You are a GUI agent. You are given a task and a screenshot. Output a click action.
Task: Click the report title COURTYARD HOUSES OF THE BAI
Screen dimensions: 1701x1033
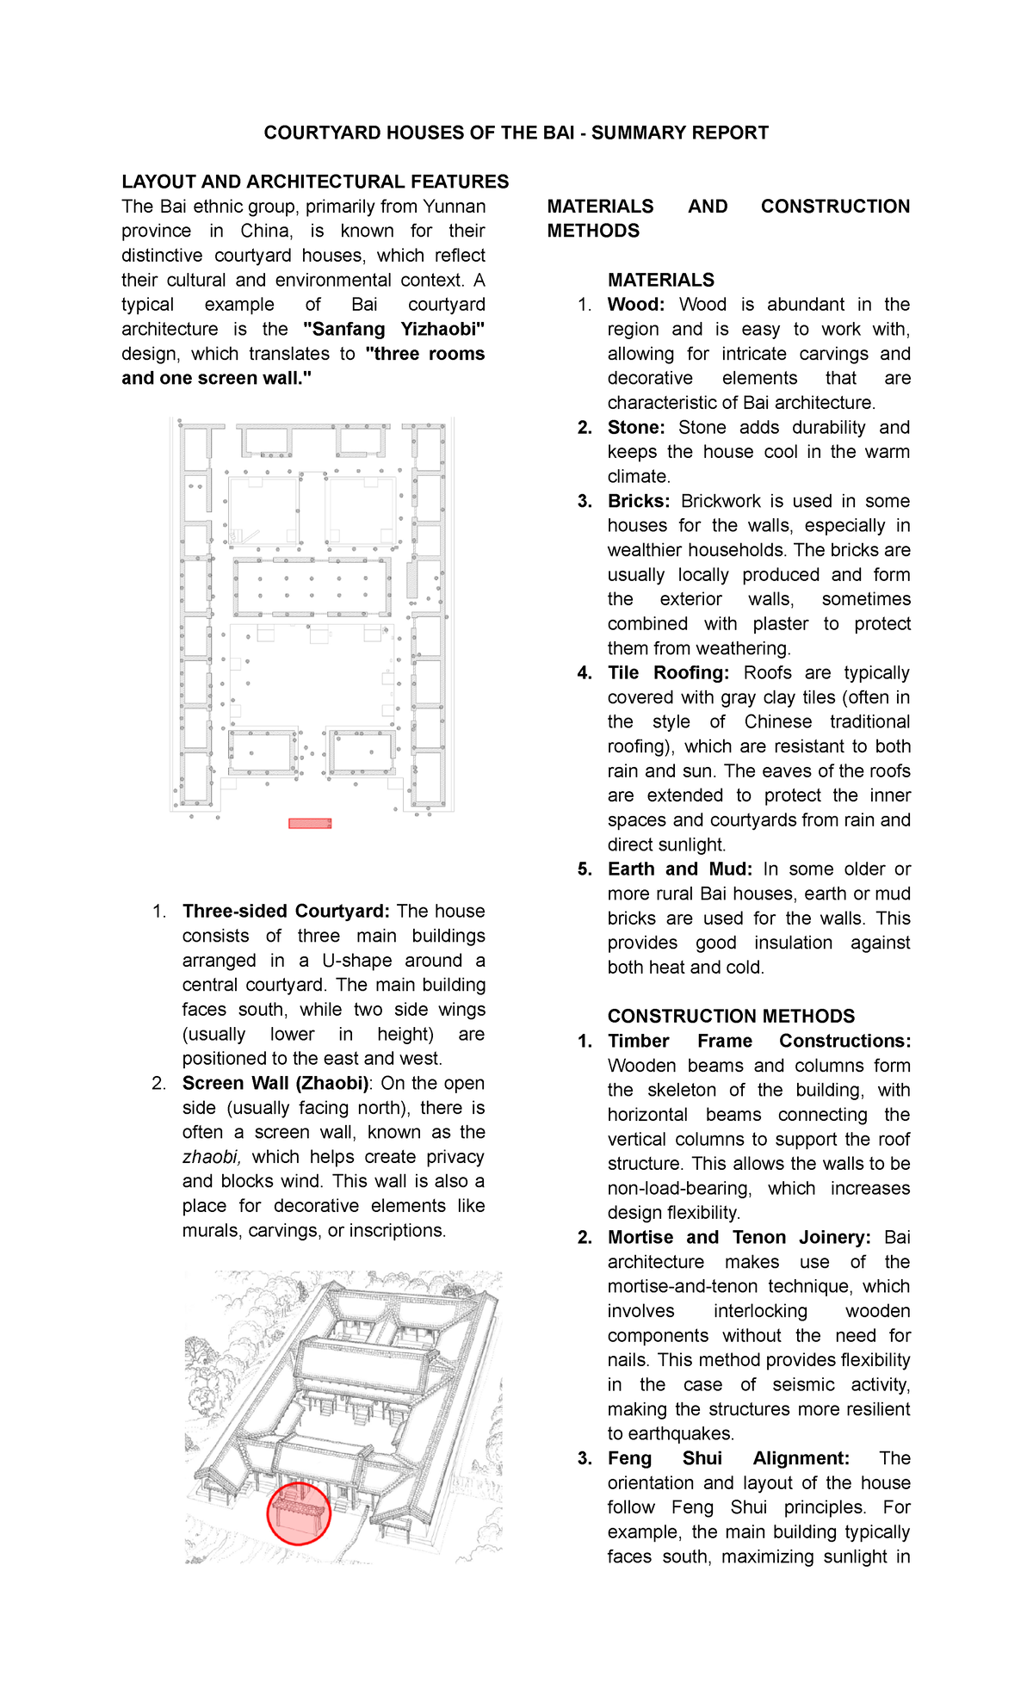point(516,133)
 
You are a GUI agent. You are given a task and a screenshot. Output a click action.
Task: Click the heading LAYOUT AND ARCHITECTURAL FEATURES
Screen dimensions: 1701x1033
point(315,182)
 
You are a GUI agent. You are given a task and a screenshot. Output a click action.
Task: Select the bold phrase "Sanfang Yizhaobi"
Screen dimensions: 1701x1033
point(394,329)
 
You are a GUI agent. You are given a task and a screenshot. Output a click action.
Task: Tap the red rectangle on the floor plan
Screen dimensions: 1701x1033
point(310,824)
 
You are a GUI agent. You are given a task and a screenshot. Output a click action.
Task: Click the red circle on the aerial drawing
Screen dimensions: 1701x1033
point(299,1513)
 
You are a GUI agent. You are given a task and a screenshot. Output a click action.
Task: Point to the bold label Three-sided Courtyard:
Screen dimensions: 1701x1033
point(286,911)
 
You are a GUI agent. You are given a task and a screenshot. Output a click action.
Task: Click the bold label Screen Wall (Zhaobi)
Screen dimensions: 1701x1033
point(275,1083)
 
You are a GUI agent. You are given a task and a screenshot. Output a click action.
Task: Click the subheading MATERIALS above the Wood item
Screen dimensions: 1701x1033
point(660,280)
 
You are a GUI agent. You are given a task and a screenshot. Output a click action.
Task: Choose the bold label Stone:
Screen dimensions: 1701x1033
point(635,428)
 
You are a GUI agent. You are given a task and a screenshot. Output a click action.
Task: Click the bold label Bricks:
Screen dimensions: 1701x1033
point(638,501)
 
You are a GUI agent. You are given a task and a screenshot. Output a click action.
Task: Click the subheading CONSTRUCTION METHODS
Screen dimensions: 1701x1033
point(731,1016)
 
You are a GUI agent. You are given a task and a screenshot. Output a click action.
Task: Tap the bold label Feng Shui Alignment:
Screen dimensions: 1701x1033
point(727,1458)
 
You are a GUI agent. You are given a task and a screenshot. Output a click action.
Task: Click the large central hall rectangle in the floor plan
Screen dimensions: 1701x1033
point(312,587)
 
